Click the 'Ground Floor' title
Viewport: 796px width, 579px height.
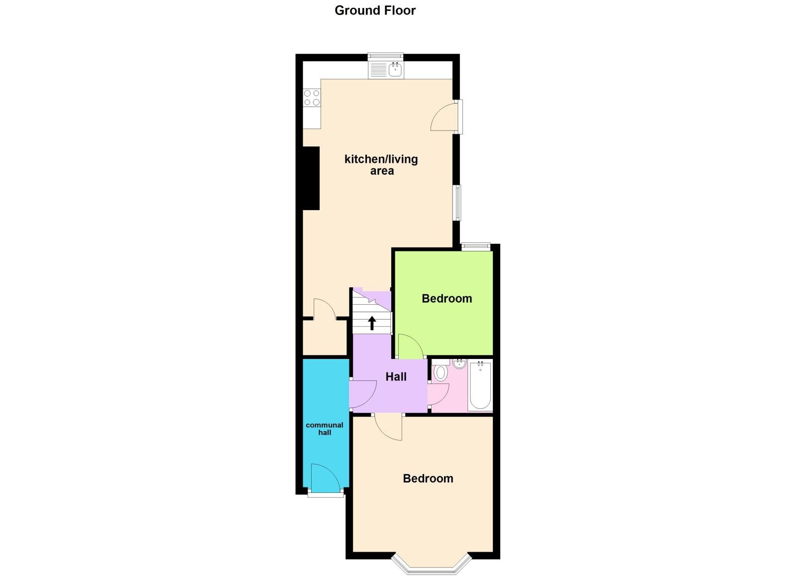(x=374, y=10)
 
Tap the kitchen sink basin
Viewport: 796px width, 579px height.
(x=395, y=69)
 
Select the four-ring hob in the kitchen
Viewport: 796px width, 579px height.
(x=312, y=98)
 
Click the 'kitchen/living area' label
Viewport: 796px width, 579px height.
(x=381, y=165)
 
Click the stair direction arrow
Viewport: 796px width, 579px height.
(x=371, y=323)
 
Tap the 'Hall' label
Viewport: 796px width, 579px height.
(x=396, y=377)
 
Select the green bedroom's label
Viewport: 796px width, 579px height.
(x=447, y=298)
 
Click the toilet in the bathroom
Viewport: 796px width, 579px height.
(x=440, y=372)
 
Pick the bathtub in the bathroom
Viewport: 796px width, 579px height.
(x=480, y=385)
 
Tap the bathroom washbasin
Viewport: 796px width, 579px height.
(x=459, y=363)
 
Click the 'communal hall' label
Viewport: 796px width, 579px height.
(x=325, y=429)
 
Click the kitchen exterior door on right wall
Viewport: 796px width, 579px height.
(x=445, y=117)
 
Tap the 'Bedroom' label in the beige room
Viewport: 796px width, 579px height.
(x=428, y=478)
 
